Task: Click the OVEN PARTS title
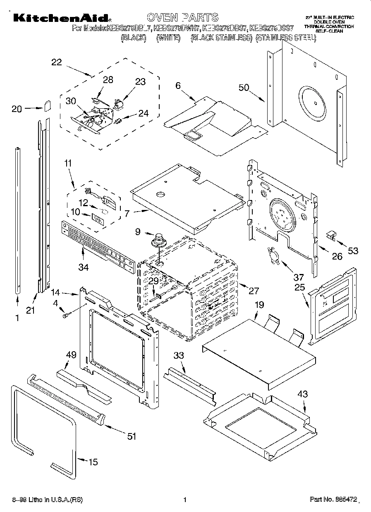tap(182, 17)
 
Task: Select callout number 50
tap(244, 88)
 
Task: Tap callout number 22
tap(57, 62)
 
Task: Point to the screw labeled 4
tap(65, 316)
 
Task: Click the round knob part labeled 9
tap(158, 240)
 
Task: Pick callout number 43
tap(302, 394)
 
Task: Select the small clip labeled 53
tap(330, 236)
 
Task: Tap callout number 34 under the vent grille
tap(83, 267)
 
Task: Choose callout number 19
tap(259, 305)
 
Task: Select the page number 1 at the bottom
tap(185, 500)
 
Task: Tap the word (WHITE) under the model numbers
tap(168, 38)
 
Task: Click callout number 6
tap(178, 86)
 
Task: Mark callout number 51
tap(131, 436)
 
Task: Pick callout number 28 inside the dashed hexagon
tap(108, 80)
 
